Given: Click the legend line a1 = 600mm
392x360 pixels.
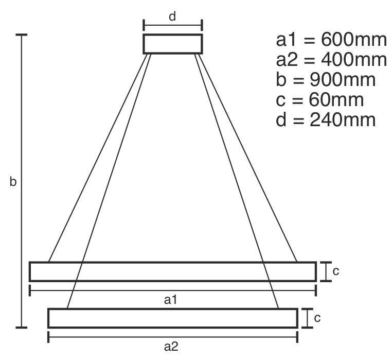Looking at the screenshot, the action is tap(331, 40).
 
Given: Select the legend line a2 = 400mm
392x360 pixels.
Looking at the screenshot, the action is tap(331, 60).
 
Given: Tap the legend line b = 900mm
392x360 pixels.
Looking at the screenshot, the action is tap(326, 80).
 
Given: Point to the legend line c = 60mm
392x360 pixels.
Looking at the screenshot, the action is tap(320, 99).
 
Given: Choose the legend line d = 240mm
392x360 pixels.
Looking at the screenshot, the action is tap(326, 119).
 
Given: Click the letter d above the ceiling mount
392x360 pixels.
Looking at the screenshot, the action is tap(172, 16).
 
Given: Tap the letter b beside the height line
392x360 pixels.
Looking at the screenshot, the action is tap(13, 181).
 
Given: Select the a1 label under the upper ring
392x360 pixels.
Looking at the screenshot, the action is tap(170, 300).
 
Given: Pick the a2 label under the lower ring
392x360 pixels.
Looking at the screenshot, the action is tap(171, 347).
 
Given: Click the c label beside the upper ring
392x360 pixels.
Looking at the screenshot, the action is tap(336, 271).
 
